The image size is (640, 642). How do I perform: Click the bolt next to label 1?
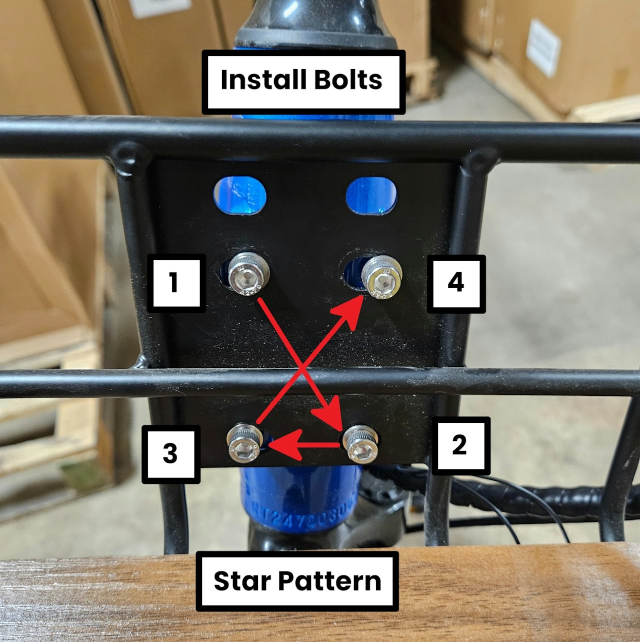click(248, 273)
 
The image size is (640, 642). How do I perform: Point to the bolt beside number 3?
click(244, 443)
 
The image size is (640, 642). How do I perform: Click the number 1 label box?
click(176, 283)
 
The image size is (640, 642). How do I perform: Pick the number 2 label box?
click(461, 446)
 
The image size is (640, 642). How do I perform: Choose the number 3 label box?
click(171, 454)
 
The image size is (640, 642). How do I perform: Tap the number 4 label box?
click(456, 284)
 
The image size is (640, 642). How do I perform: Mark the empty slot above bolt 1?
click(240, 195)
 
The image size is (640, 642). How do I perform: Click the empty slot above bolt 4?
click(371, 195)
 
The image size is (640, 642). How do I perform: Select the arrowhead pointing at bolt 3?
click(284, 444)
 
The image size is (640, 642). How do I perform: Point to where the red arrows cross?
click(301, 368)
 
